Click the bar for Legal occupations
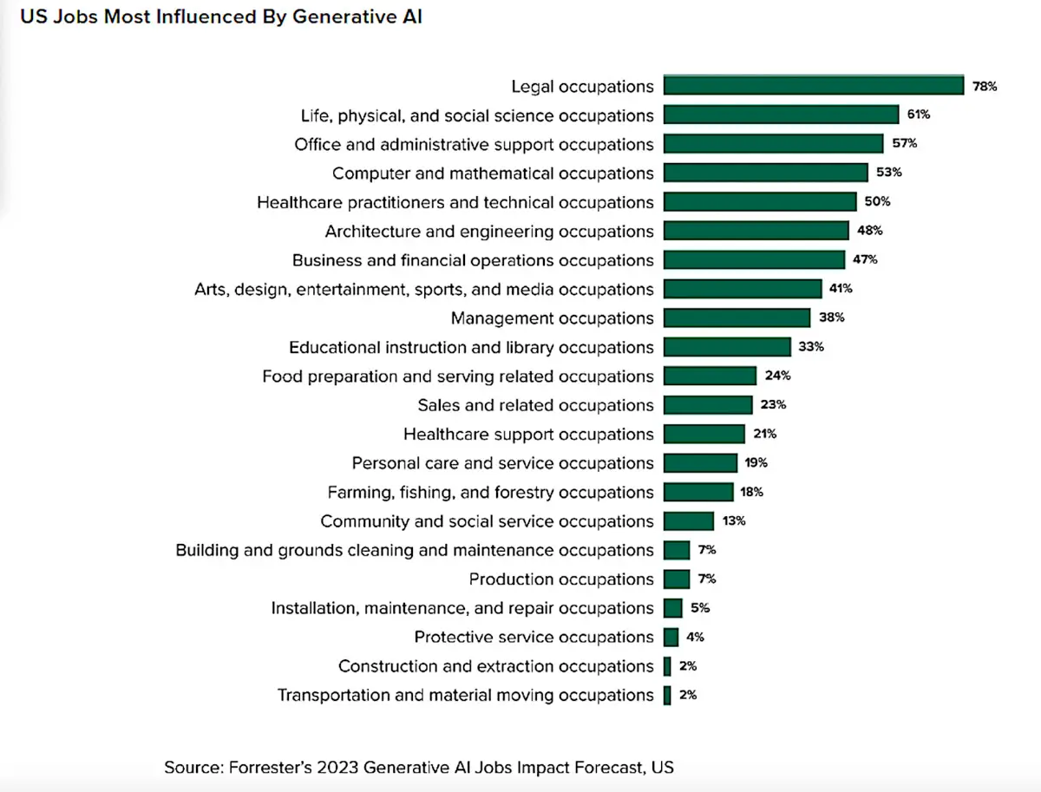[x=814, y=86]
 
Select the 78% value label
[x=985, y=87]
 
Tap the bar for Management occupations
[x=737, y=317]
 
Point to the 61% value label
[x=919, y=115]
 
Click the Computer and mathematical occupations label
[x=493, y=173]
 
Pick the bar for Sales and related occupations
[x=708, y=405]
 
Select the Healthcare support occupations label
[x=528, y=434]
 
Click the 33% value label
[x=811, y=347]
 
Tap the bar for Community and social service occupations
[x=689, y=521]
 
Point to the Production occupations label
[x=561, y=579]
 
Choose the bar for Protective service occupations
[x=671, y=637]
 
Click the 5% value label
[x=700, y=608]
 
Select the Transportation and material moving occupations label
[x=465, y=695]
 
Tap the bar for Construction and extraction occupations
[x=667, y=666]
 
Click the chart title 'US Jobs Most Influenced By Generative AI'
[x=221, y=16]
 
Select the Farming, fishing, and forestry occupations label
[x=490, y=492]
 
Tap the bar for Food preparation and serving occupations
[x=710, y=376]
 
